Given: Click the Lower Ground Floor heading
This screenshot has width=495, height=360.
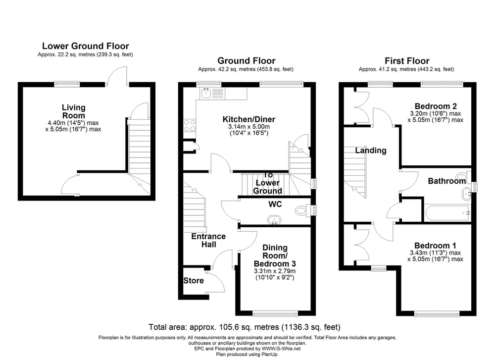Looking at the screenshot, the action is tap(86, 46).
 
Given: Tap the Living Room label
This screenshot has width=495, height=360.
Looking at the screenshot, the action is tap(74, 111).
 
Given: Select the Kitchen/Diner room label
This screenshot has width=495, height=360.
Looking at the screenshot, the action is tap(249, 119).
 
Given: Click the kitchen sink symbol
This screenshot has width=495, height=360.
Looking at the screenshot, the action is tap(206, 93).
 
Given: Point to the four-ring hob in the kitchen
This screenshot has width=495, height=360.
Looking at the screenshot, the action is tap(190, 125).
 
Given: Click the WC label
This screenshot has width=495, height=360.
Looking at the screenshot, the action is tap(275, 205).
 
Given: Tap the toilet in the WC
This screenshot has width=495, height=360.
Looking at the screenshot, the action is tap(301, 210).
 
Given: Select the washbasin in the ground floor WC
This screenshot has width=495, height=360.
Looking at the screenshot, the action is tap(274, 220).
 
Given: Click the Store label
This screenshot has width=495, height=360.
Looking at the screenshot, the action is tap(194, 280).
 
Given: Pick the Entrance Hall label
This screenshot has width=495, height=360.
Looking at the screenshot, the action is tap(209, 240).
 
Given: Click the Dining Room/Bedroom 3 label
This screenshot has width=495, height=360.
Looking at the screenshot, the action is tap(275, 256).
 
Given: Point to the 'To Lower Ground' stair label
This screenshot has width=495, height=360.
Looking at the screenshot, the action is tap(267, 183).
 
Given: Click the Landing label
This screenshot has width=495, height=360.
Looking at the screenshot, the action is tap(371, 151).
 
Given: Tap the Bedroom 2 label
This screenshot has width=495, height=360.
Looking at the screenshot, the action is tap(436, 106).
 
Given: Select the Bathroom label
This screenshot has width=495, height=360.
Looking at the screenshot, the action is tap(446, 181).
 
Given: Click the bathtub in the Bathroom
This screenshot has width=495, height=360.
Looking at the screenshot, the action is tap(447, 213).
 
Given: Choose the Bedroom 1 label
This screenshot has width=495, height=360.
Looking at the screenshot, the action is tap(435, 246).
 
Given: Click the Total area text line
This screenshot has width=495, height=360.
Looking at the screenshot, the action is tap(245, 327).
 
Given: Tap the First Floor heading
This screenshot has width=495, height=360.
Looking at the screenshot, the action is tap(407, 60).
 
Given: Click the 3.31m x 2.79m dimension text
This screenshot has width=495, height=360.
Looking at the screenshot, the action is tap(275, 271).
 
